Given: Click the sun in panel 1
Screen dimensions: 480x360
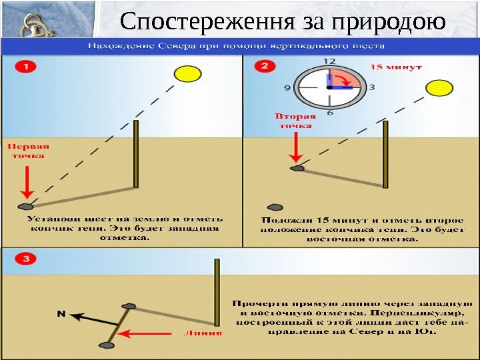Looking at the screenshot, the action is tap(187, 73).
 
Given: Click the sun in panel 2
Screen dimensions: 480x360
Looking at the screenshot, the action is tap(440, 89).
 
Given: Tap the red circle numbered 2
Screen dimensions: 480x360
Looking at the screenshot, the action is tap(265, 66).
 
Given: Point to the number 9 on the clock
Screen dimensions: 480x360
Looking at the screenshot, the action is tap(288, 87).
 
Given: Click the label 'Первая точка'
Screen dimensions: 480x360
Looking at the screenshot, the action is tap(28, 151).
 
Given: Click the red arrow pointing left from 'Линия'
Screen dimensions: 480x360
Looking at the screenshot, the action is tap(153, 333).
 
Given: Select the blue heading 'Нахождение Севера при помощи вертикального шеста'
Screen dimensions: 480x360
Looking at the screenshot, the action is tap(237, 47).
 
